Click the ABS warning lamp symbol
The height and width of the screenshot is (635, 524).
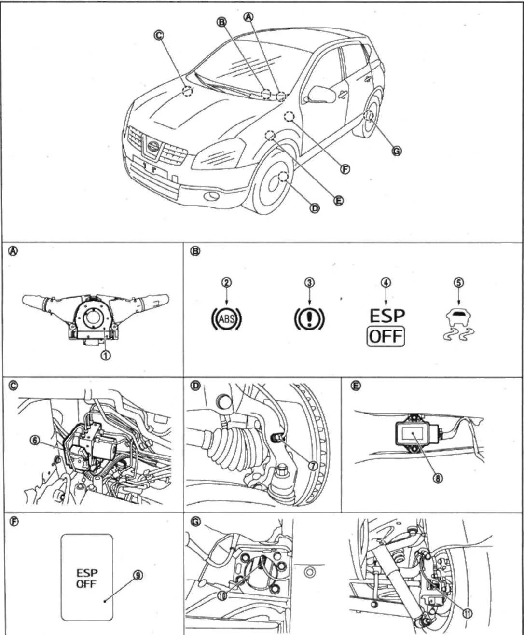coord(226,318)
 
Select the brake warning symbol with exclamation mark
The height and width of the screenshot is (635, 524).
coord(309,319)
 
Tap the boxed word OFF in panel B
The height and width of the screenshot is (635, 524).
coord(386,336)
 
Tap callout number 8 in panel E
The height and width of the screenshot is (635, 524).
coord(438,478)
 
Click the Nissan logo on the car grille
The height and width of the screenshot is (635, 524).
coord(153,146)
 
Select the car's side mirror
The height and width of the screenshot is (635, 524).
coord(321,94)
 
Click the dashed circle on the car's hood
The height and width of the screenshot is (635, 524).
coord(187,91)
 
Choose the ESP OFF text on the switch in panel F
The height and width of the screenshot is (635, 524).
coord(87,578)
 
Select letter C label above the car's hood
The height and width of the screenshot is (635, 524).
coord(158,35)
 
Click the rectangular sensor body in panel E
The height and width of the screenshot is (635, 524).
coord(412,435)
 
